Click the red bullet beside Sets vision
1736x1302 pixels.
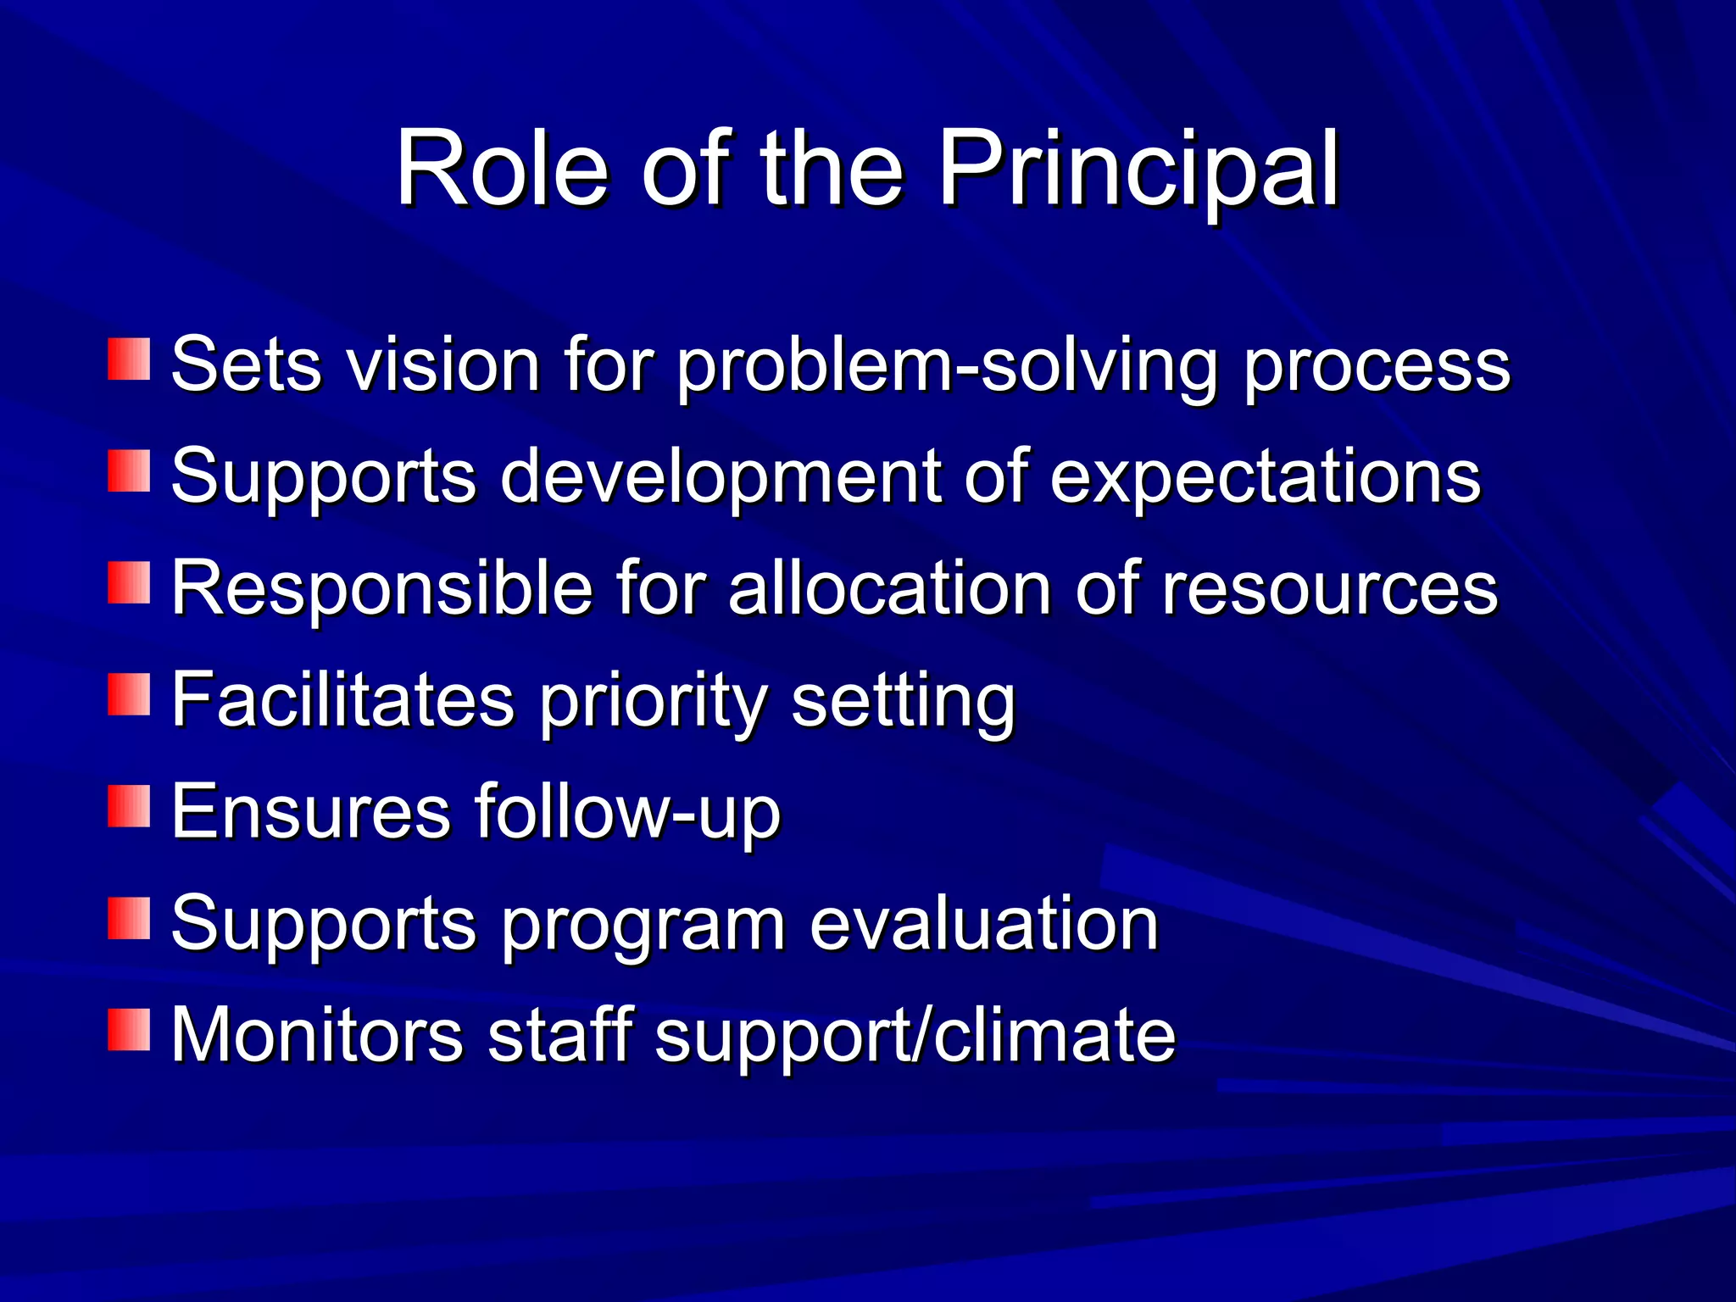pos(129,359)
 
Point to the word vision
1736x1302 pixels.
pos(444,364)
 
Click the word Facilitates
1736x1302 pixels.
pos(342,700)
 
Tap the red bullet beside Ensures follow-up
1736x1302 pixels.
pos(129,806)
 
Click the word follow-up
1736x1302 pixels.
pos(627,812)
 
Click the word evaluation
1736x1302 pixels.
pos(983,924)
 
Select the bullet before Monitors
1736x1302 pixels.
pos(129,1030)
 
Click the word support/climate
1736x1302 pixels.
pos(915,1036)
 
